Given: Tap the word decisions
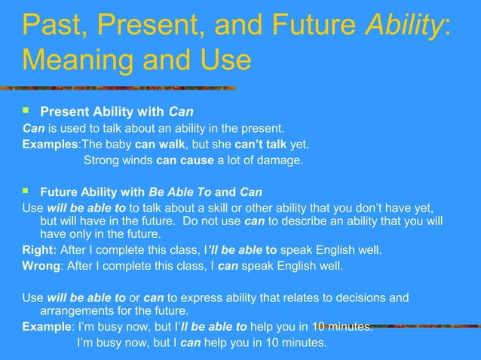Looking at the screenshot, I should pos(359,297).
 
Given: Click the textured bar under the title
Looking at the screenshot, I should pos(128,87).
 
